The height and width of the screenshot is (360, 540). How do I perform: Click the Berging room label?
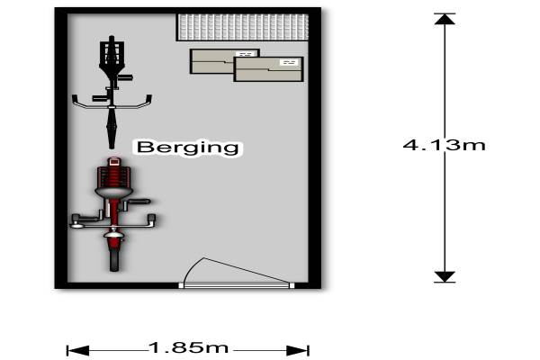(x=188, y=148)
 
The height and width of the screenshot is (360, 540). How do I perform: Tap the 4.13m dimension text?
(x=444, y=145)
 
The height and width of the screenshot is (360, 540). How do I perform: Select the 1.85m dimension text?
(x=189, y=347)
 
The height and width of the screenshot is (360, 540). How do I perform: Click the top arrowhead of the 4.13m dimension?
(x=445, y=19)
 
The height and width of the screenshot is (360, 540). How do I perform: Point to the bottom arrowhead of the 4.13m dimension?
(x=445, y=276)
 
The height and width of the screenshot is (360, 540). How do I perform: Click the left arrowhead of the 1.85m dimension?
(x=78, y=351)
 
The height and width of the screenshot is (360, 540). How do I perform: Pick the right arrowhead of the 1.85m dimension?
(x=298, y=351)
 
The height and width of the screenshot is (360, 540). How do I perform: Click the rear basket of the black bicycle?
(x=112, y=53)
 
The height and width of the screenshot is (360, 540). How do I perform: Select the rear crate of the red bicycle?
(x=114, y=178)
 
